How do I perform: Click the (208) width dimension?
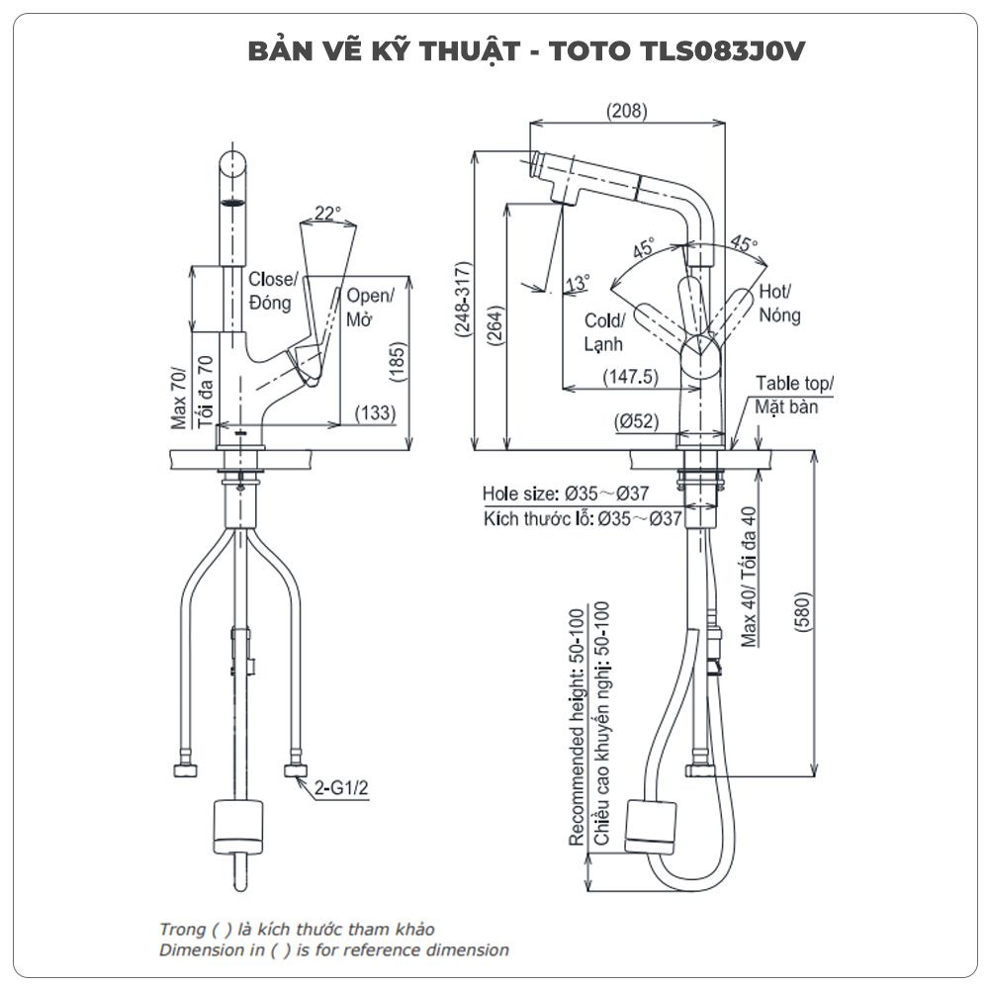click(628, 112)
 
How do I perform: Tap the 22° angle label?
click(327, 213)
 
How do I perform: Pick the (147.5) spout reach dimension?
click(630, 377)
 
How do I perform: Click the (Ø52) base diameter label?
click(638, 421)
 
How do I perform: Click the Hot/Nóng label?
click(777, 304)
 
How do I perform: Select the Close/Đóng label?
click(270, 291)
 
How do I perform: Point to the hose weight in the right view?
click(652, 825)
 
